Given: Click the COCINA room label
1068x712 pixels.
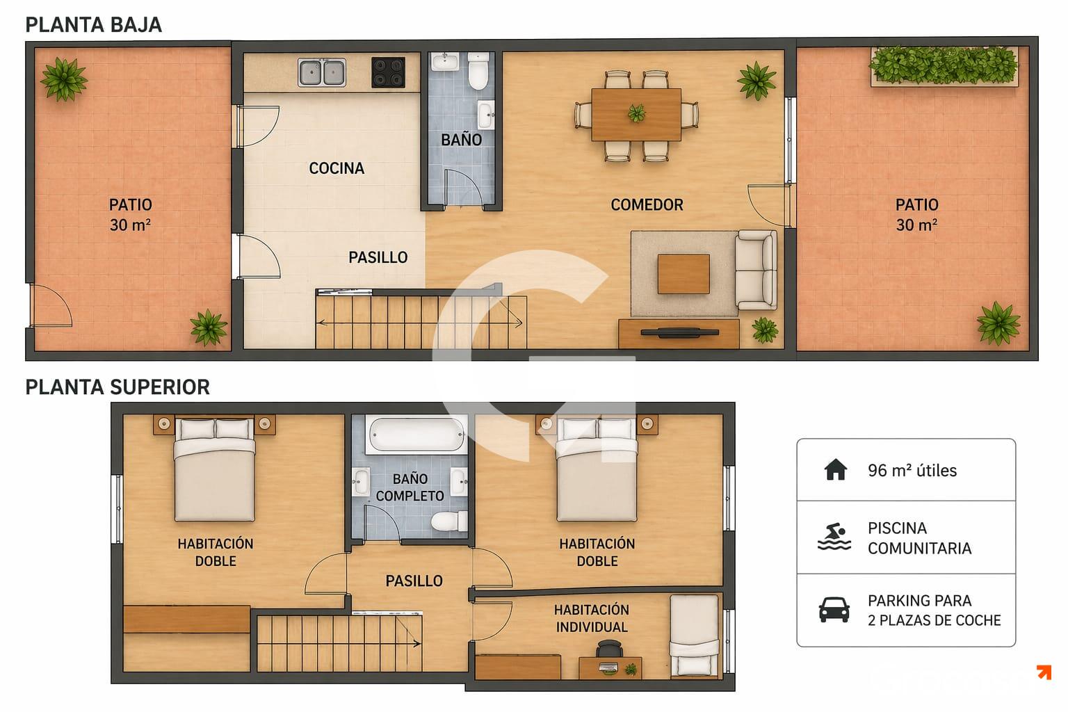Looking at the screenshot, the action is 337,168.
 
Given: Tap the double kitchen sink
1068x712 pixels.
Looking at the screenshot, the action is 322,72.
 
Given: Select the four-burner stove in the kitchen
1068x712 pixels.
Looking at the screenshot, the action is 388,72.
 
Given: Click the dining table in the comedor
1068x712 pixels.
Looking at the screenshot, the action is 636,115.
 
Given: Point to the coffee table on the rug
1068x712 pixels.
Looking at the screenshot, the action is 683,274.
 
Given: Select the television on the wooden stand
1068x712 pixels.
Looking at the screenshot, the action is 679,332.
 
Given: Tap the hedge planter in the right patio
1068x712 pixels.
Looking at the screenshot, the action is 944,66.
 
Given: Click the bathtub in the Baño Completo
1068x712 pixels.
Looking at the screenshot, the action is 416,435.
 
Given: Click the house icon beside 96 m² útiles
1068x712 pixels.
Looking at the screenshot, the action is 835,469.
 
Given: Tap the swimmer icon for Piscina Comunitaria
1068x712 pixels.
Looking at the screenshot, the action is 834,537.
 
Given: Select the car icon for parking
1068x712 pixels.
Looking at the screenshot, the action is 834,610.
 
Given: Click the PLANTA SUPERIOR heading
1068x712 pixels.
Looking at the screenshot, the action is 118,387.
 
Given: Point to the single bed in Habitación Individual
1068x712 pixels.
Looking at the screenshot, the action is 694,635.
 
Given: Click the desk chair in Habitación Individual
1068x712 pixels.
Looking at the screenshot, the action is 609,649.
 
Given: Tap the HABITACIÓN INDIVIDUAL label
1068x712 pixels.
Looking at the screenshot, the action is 592,619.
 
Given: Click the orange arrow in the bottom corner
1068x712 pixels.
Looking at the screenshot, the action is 1044,672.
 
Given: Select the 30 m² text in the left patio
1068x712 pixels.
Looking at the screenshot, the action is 130,225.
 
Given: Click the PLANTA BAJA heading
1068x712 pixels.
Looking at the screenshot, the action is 93,25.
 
